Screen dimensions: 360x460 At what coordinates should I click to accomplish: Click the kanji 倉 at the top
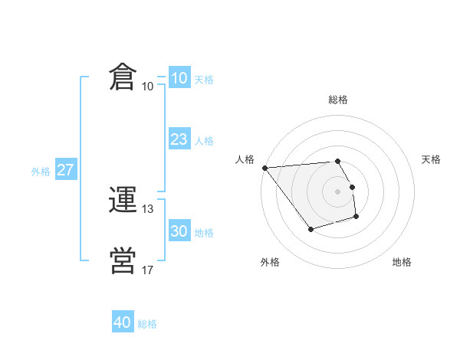point(123,79)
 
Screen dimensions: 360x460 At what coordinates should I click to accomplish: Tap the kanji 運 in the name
point(123,201)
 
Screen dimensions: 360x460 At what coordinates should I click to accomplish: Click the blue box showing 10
point(179,78)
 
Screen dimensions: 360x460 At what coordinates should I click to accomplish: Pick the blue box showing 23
point(179,139)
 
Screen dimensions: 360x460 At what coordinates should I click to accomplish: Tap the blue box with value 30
point(179,231)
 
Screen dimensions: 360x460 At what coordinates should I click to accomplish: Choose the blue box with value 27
point(66,170)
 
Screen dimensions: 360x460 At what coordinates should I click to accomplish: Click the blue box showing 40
point(123,323)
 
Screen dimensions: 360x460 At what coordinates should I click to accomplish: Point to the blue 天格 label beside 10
point(204,79)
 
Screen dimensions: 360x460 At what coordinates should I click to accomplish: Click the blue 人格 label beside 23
point(204,140)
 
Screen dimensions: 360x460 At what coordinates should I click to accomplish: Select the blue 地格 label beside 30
point(204,232)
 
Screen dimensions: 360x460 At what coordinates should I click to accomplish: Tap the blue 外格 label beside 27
point(41,172)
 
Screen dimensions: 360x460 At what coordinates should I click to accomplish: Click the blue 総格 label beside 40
point(147,324)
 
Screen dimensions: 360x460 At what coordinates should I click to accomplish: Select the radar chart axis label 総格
point(338,100)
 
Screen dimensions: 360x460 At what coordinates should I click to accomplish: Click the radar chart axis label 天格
point(432,159)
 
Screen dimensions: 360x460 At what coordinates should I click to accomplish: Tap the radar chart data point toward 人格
point(264,168)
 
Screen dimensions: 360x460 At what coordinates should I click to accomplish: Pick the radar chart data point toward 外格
point(310,229)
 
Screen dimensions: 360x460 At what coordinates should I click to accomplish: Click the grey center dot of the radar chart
point(338,191)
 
